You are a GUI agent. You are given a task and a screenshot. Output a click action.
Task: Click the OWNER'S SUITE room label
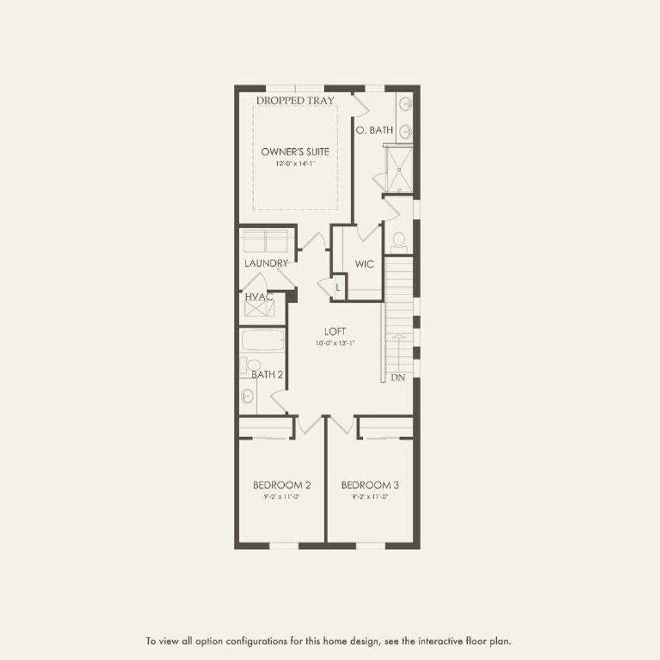tap(295, 151)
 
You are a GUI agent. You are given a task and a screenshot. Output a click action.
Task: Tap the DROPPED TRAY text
tap(295, 101)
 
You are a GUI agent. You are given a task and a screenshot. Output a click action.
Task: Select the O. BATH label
tap(374, 130)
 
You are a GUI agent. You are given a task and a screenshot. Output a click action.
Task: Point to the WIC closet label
tap(364, 264)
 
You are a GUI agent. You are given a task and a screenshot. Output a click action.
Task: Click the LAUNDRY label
tap(266, 263)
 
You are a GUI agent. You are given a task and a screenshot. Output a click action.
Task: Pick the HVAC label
tap(259, 296)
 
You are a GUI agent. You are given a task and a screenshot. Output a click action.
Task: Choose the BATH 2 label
tap(267, 374)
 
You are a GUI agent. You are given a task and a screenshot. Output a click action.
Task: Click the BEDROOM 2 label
tap(282, 485)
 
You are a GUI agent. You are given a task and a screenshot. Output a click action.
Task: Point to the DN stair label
tap(398, 378)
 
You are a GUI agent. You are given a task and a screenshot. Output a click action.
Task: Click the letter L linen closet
tap(338, 287)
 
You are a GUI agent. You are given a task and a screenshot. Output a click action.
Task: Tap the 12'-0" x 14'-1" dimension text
tap(295, 164)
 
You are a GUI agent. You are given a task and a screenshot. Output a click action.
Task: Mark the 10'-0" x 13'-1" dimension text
tap(335, 343)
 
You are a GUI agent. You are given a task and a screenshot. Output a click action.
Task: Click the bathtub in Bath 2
tap(263, 340)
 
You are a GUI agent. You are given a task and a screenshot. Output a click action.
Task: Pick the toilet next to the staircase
tap(398, 241)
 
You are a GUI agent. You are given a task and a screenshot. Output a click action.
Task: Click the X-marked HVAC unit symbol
tap(260, 309)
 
